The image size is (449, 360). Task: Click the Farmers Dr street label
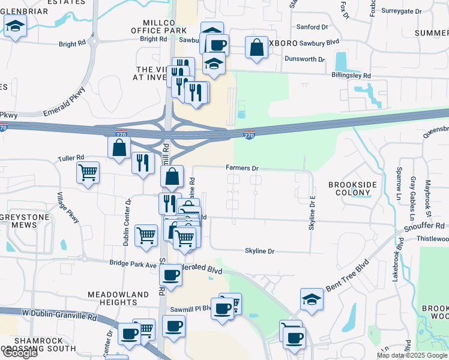coord(243,169)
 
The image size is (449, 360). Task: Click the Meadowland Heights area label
coord(118,299)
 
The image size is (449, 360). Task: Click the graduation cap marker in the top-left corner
coord(15,26)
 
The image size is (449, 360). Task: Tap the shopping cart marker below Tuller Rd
coord(88,173)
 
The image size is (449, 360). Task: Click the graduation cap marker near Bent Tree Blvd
coord(312,299)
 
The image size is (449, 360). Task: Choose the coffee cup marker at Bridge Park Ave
coord(171,275)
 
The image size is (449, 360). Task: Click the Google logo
coord(19,353)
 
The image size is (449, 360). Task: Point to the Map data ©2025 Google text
coord(411,355)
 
